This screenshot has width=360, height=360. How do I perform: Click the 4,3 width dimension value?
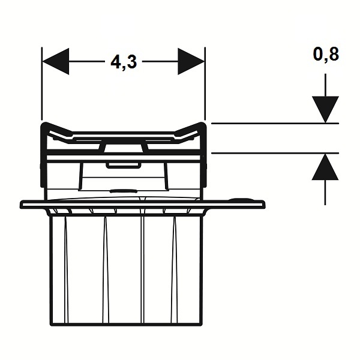pyautogui.click(x=124, y=62)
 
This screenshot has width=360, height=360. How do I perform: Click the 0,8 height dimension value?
pyautogui.click(x=326, y=55)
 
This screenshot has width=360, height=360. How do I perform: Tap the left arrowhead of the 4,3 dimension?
pyautogui.click(x=56, y=61)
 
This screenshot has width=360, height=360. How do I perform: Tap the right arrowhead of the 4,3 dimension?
pyautogui.click(x=191, y=61)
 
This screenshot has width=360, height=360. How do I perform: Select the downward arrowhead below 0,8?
pyautogui.click(x=325, y=109)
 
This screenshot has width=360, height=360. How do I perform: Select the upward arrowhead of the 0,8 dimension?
pyautogui.click(x=325, y=167)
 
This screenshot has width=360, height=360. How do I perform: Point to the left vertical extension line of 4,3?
pyautogui.click(x=42, y=83)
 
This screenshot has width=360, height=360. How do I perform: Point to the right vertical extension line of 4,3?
pyautogui.click(x=205, y=83)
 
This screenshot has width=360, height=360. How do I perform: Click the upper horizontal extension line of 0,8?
pyautogui.click(x=275, y=124)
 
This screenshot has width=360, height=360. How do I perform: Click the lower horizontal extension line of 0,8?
pyautogui.click(x=275, y=153)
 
